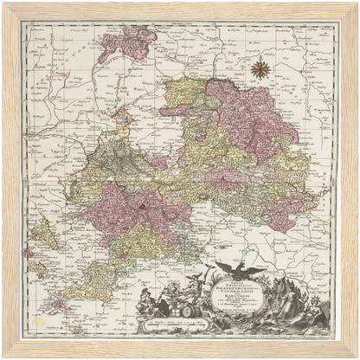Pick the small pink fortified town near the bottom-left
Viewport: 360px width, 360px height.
(x=55, y=304)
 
